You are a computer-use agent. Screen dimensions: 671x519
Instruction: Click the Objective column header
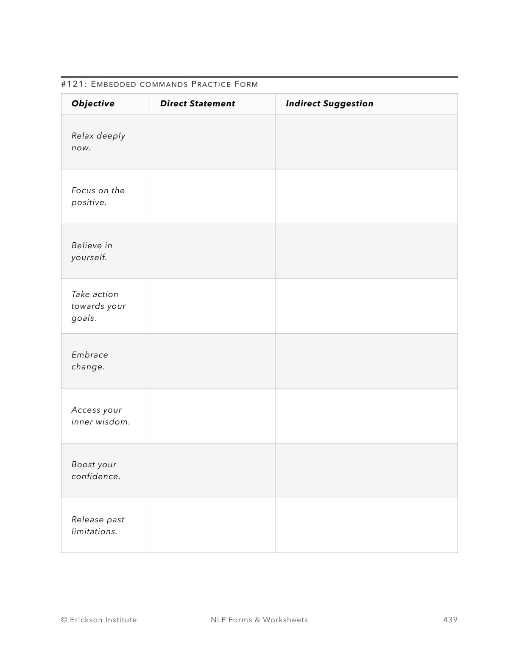[93, 103]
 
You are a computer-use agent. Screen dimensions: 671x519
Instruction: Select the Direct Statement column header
[197, 103]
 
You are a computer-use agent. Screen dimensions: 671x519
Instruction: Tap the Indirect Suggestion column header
[329, 103]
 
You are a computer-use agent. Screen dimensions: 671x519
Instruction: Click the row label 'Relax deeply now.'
[98, 141]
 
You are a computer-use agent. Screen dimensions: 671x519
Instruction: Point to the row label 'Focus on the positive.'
[98, 196]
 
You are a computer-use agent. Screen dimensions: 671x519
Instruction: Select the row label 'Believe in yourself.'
[92, 251]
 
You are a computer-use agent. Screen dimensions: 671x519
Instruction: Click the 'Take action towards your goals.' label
[98, 306]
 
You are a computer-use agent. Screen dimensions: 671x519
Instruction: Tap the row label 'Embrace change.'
[89, 360]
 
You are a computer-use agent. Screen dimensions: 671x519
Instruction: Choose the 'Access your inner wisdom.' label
[100, 416]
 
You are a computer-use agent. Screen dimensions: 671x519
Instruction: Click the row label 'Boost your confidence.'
[95, 470]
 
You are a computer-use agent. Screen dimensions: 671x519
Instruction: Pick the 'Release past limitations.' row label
[98, 525]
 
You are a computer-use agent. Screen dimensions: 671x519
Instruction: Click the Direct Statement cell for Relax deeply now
[212, 141]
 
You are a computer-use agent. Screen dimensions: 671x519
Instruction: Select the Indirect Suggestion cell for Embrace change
[366, 360]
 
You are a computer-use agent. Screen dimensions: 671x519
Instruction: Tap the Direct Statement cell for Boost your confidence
[212, 470]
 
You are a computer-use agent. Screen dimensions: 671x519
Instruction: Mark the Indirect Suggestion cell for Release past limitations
[366, 525]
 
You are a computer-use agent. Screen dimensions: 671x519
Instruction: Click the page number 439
[450, 619]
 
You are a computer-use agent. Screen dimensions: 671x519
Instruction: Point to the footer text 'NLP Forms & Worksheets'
[259, 619]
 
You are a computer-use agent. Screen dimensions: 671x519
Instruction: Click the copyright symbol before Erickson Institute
[64, 620]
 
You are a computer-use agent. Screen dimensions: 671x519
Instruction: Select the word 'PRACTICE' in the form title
[211, 84]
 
